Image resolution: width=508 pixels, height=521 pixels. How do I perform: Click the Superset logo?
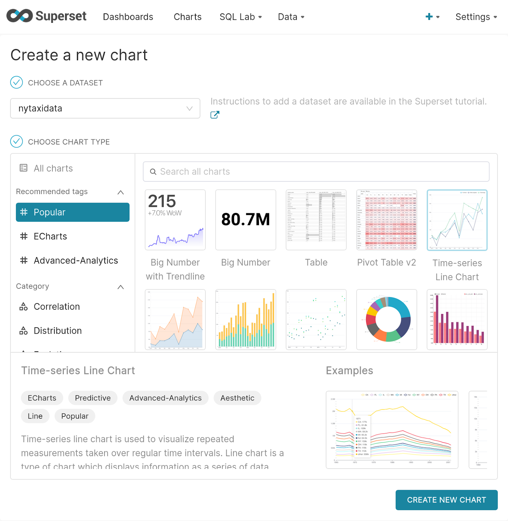click(46, 16)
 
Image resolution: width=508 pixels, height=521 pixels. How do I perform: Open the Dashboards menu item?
click(128, 17)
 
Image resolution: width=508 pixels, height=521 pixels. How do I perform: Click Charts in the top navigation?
click(187, 17)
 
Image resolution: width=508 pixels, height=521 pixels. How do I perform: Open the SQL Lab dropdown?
click(240, 17)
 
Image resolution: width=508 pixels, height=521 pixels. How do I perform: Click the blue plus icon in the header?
click(429, 17)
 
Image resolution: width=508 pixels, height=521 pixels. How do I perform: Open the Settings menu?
click(476, 17)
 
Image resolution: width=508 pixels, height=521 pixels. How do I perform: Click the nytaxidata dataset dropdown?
click(105, 108)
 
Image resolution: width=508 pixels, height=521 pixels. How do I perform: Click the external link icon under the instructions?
click(215, 115)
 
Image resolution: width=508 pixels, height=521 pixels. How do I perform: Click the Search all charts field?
click(316, 172)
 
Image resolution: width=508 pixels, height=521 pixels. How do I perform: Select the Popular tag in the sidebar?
click(73, 212)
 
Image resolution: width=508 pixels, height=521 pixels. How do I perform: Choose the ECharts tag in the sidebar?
click(50, 236)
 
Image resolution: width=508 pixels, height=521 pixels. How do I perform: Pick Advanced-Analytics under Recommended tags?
click(76, 260)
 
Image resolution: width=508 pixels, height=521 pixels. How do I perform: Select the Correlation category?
click(57, 306)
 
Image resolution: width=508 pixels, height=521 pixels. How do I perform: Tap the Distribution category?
click(58, 331)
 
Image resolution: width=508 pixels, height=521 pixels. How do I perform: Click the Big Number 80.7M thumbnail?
click(246, 220)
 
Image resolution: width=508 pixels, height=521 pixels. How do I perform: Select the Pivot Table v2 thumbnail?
click(387, 220)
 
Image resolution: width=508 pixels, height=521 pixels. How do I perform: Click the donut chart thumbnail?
click(387, 319)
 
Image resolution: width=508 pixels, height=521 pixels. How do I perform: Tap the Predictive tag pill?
click(93, 398)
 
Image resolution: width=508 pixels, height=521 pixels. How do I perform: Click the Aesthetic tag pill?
click(237, 398)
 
